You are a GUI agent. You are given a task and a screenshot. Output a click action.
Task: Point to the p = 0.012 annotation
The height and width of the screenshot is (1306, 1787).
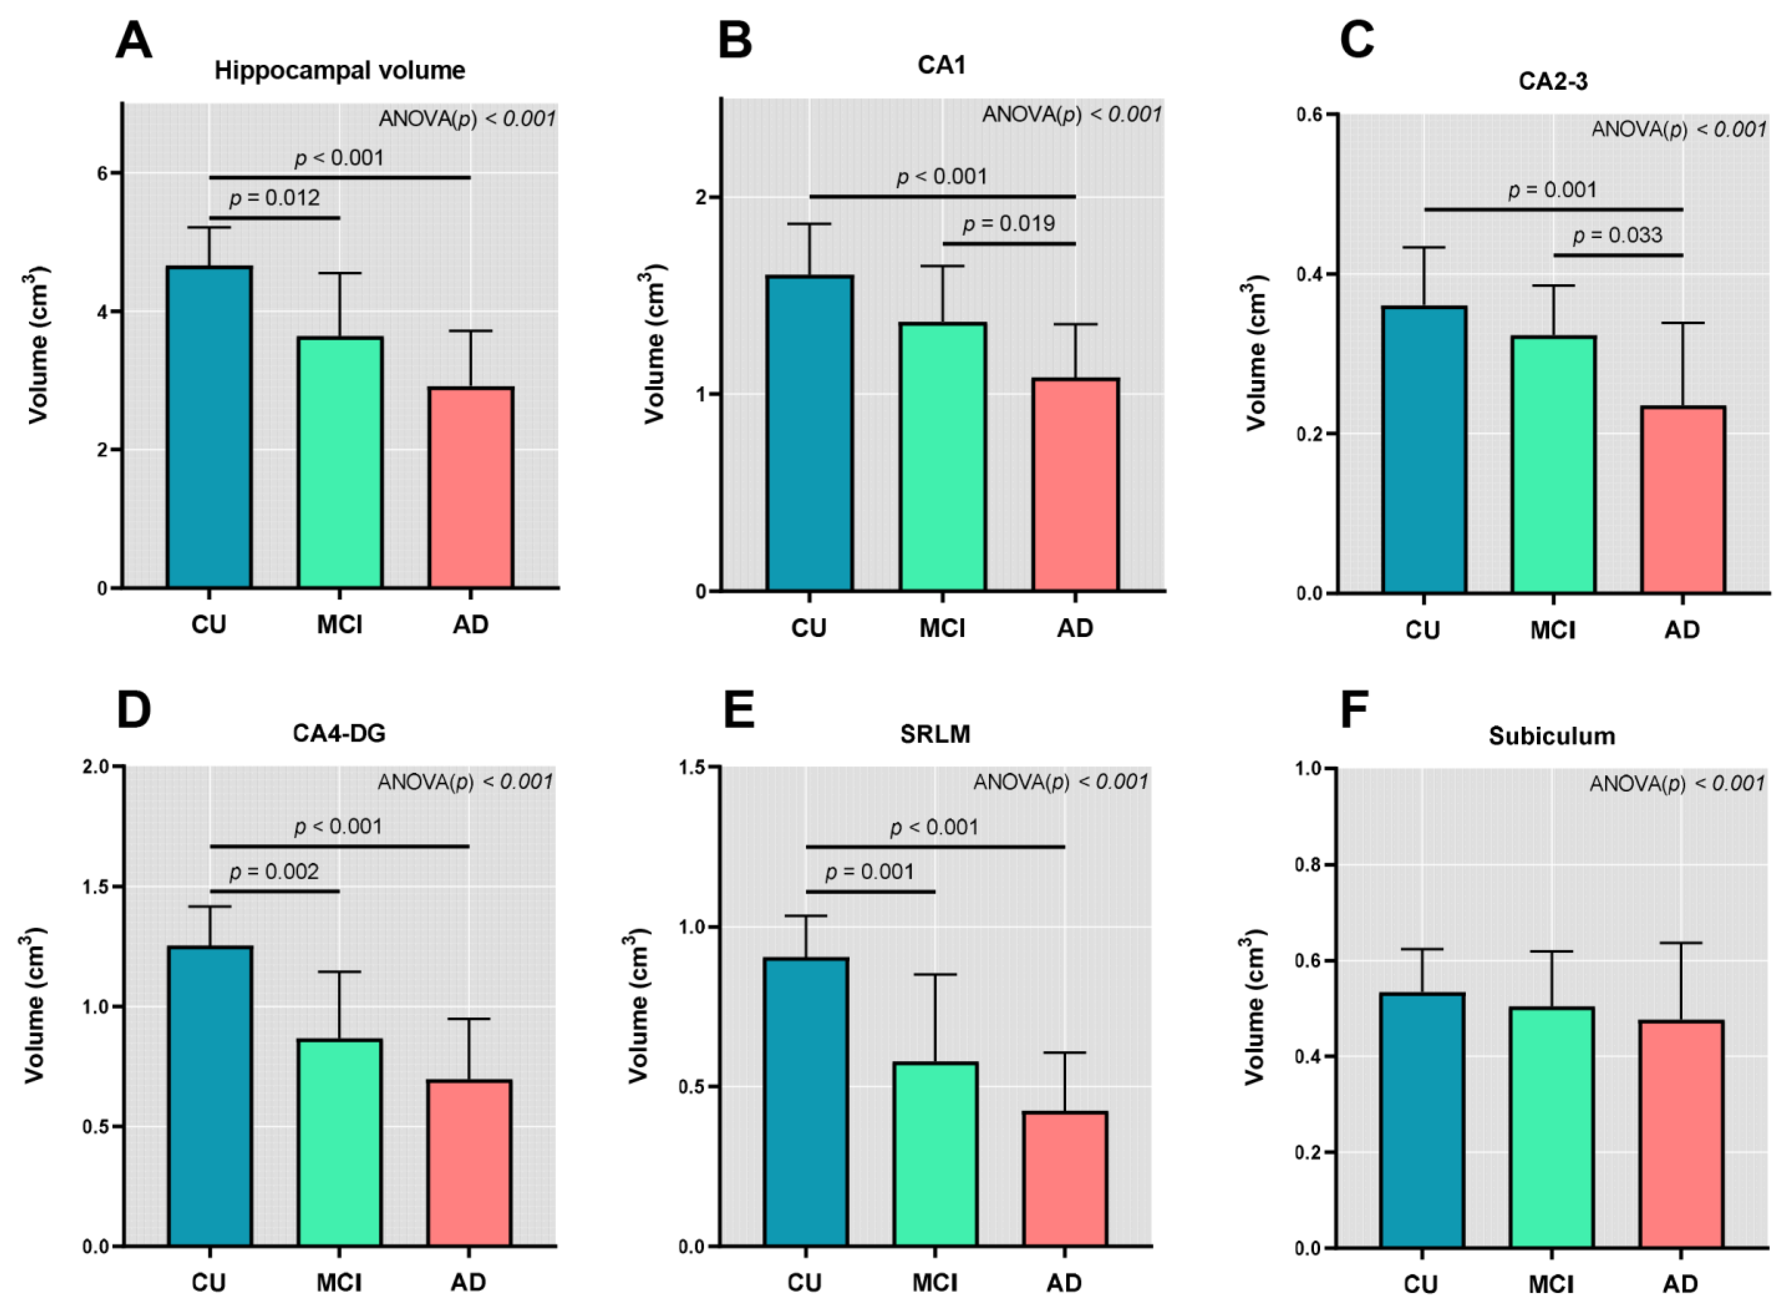pyautogui.click(x=275, y=198)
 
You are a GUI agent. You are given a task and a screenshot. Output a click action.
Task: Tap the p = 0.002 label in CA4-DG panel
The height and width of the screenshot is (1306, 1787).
pyautogui.click(x=274, y=872)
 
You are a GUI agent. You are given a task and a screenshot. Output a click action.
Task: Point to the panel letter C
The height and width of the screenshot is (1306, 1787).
pyautogui.click(x=1356, y=39)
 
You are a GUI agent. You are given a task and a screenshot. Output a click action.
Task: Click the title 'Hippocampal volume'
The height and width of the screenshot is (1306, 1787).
pyautogui.click(x=340, y=71)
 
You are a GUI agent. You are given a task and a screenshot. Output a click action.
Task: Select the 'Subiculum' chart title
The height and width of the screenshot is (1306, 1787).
pyautogui.click(x=1551, y=736)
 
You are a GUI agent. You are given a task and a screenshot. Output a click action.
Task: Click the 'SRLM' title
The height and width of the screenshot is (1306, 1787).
pyautogui.click(x=935, y=735)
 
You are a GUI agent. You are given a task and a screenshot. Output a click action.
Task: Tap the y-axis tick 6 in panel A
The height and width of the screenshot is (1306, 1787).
pyautogui.click(x=103, y=173)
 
